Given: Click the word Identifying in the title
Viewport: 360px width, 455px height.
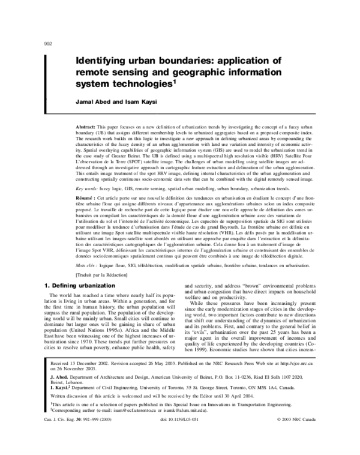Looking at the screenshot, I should click(101, 61).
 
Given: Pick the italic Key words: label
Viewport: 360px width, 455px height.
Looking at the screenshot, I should click(89, 205).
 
